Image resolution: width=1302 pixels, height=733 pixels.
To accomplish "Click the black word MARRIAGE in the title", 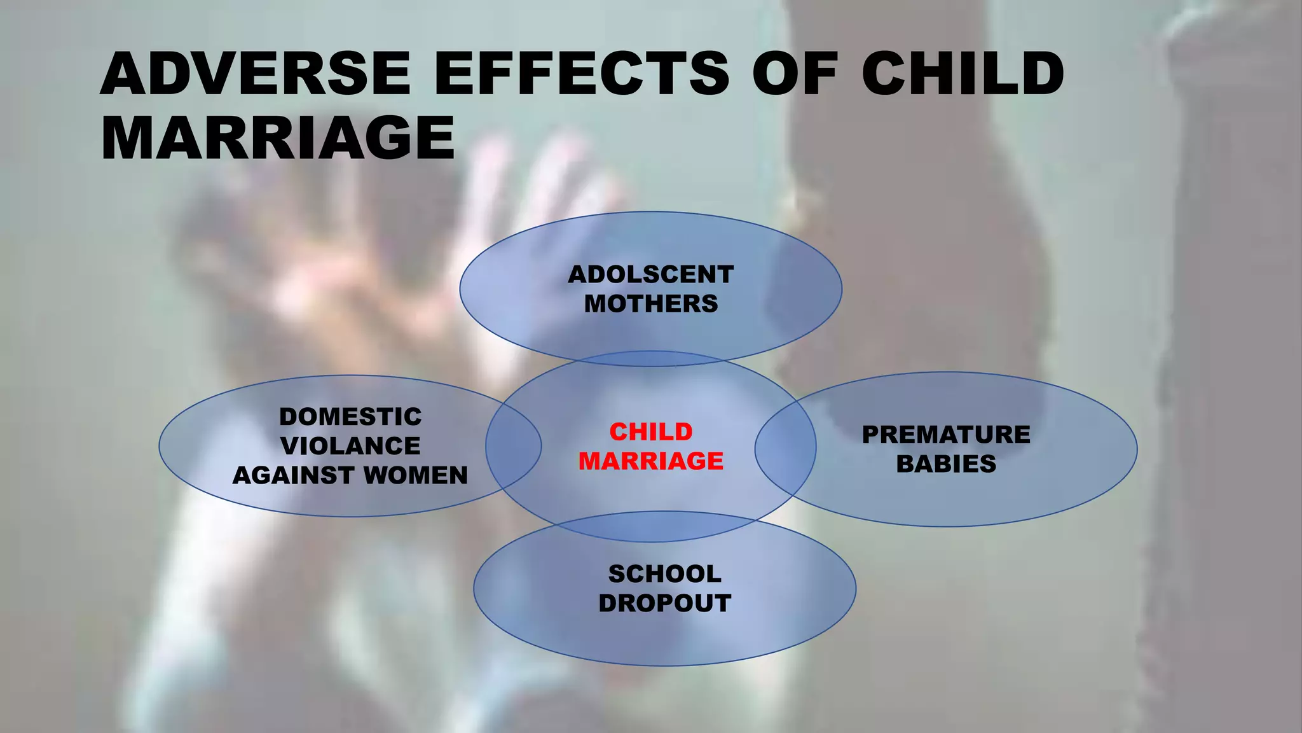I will pos(278,139).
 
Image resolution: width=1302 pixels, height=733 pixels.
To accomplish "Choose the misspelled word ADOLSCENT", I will pos(650,275).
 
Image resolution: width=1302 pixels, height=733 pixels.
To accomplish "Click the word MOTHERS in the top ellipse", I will pos(651,304).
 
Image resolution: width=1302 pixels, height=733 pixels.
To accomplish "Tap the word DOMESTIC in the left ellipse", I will pos(350,417).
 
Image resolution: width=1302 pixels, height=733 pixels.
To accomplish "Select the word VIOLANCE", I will pos(350,446).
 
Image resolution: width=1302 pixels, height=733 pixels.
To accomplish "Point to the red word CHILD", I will pos(651,432).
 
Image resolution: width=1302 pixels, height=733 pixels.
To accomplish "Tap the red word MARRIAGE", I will pos(651,461).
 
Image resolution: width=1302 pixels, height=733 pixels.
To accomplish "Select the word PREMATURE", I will pos(946,435).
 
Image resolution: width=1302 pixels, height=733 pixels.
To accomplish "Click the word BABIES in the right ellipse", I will pos(946,464).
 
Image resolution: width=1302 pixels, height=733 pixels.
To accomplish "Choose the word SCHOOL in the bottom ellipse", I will pos(665,574).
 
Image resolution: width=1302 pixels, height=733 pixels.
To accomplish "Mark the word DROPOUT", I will pos(665,603).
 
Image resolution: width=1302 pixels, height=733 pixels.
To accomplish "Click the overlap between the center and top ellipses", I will pos(651,359).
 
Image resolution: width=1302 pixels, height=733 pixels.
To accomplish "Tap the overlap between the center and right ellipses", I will pos(786,448).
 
